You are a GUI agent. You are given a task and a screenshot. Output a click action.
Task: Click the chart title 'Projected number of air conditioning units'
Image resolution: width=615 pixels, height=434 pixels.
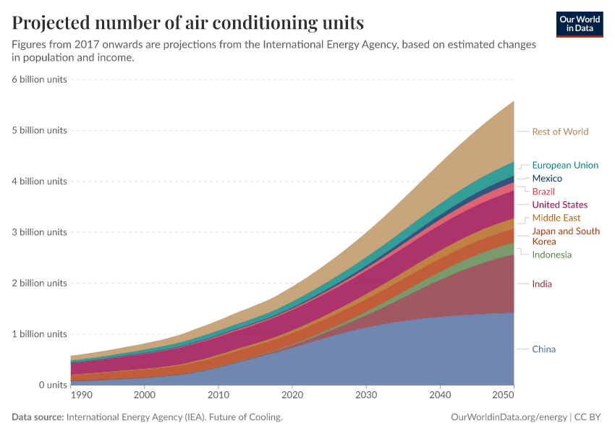tap(187, 23)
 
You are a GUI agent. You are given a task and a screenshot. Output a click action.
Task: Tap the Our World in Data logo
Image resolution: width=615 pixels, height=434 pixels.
tap(579, 24)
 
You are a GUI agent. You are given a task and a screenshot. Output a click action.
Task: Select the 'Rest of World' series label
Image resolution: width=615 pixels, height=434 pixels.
tap(560, 132)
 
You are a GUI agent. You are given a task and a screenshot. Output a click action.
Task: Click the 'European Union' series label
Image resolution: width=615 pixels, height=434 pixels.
tap(565, 165)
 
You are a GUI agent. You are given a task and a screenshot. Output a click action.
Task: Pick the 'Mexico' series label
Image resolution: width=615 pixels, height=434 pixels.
tap(547, 178)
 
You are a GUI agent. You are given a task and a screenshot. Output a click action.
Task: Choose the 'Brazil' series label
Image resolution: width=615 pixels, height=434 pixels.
tap(543, 192)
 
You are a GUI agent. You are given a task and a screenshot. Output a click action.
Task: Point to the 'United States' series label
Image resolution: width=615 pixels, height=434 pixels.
tap(559, 205)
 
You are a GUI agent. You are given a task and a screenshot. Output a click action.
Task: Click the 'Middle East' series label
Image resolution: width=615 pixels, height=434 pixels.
tap(556, 218)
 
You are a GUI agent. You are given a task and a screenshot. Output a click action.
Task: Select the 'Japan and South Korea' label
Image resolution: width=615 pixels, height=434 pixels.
tap(565, 236)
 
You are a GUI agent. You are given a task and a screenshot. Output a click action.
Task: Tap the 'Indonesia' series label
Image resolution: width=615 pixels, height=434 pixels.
tap(551, 255)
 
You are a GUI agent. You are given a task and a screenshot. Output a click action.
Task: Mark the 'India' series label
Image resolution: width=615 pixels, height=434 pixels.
tap(542, 284)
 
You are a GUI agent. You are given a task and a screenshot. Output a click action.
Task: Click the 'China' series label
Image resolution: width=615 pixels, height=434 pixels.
tap(543, 349)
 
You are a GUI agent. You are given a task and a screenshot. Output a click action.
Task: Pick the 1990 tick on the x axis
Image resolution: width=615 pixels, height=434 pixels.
tap(81, 396)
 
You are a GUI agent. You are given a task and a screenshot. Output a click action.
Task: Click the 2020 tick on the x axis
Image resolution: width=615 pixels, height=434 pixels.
tap(292, 396)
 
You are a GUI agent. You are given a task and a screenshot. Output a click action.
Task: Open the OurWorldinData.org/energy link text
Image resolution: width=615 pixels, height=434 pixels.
tap(509, 417)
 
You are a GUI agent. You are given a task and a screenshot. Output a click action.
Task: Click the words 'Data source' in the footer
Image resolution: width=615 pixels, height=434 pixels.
tap(37, 417)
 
